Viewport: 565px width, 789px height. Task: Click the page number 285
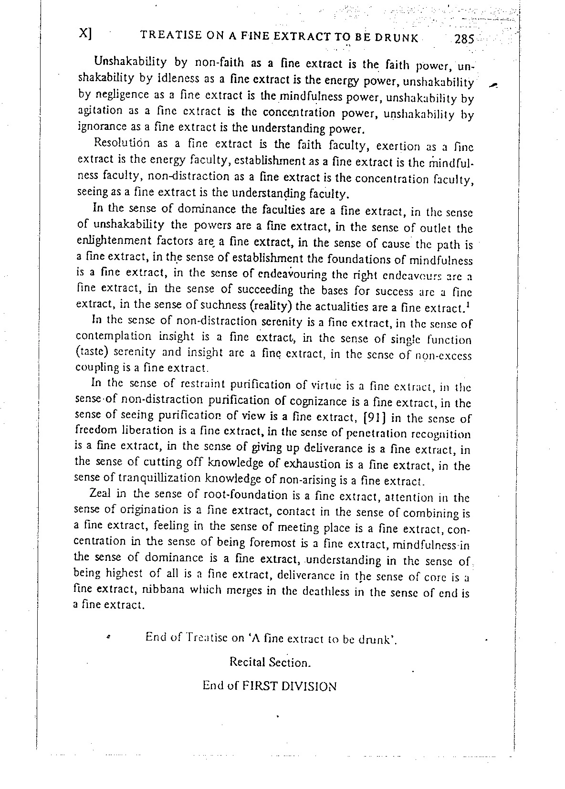click(464, 39)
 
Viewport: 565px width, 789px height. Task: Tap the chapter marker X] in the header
click(85, 34)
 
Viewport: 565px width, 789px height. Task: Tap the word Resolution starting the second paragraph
click(122, 143)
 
